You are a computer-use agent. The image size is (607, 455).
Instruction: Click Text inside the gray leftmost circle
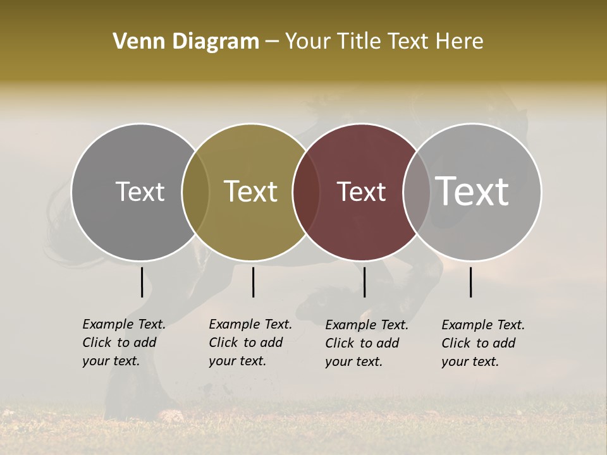[140, 191]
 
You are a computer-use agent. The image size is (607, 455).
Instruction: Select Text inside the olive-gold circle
[250, 191]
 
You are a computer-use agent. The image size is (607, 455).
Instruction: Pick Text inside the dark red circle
[361, 191]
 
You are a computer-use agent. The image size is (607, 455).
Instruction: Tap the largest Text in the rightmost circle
[472, 191]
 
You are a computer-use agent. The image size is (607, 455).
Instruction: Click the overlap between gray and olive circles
[195, 191]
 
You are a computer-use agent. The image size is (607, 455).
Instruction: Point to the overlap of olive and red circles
[306, 191]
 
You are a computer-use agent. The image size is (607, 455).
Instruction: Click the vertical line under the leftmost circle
[142, 282]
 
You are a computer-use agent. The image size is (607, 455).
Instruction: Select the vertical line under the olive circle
[253, 282]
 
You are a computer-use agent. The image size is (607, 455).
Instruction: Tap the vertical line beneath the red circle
[364, 282]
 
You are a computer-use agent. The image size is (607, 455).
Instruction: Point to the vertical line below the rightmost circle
[470, 282]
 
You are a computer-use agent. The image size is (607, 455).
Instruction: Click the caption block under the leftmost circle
[124, 343]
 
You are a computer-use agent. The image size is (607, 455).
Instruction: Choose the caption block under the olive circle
[250, 343]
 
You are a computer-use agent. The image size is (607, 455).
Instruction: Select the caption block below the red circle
[367, 343]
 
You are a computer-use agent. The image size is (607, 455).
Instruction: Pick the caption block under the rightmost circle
[483, 343]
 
